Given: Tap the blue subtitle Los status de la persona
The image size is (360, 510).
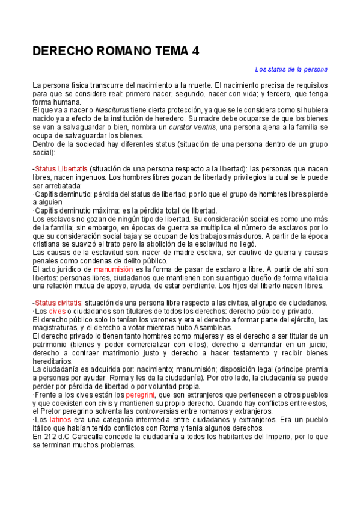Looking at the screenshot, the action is point(291,69).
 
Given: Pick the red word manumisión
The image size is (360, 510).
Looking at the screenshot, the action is point(115,270).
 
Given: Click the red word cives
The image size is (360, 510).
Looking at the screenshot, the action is point(57,311).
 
